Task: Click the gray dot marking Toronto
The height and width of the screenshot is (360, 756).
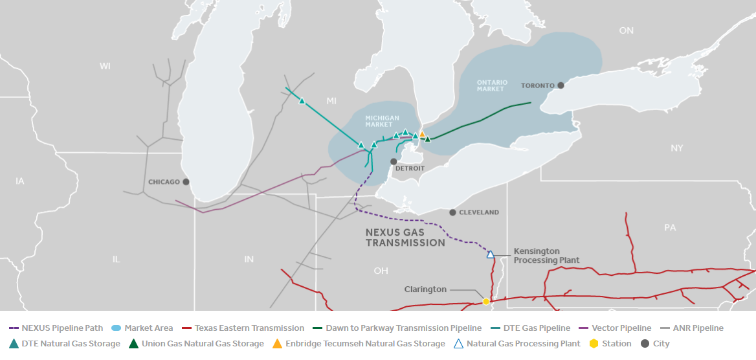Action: tap(561, 85)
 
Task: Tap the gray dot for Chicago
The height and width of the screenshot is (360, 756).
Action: tap(186, 182)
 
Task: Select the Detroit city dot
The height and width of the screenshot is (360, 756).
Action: tap(393, 161)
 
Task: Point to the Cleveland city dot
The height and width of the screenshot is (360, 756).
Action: tap(453, 212)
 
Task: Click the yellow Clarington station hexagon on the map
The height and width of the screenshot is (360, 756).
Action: tap(486, 302)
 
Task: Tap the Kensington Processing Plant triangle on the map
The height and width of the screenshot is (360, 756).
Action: tap(491, 255)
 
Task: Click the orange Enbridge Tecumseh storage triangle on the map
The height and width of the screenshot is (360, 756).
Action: tap(422, 135)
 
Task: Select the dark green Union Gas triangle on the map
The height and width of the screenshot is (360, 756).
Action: tap(427, 139)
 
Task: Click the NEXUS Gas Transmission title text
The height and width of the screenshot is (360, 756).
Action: tap(405, 237)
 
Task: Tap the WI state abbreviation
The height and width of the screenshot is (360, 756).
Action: tap(106, 66)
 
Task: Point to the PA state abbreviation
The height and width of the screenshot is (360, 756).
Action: tap(670, 228)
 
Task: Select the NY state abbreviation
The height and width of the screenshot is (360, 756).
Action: tap(676, 148)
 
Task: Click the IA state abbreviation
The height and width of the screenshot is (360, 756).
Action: tap(19, 181)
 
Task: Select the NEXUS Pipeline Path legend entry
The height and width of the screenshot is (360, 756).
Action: tap(58, 328)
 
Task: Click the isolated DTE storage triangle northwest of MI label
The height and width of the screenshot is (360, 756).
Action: tap(302, 101)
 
